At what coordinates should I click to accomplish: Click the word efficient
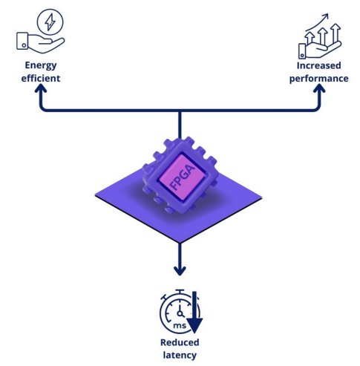[40, 77]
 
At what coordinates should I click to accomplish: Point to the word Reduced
[179, 342]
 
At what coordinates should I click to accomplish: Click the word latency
[179, 354]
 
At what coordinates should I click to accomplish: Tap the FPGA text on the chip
[179, 175]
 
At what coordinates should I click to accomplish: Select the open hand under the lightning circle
[37, 42]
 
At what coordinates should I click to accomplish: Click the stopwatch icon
[174, 313]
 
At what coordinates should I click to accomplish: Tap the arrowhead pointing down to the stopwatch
[179, 271]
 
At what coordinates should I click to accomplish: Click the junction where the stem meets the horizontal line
[180, 111]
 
